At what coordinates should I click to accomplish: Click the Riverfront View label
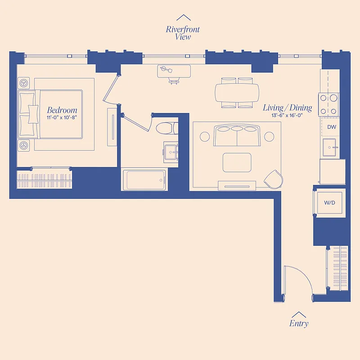183,33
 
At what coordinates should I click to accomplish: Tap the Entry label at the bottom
299,324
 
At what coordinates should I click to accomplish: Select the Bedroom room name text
62,110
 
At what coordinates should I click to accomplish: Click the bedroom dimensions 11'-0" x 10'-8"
62,117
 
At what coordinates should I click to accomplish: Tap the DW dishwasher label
332,127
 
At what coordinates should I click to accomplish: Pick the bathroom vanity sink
171,151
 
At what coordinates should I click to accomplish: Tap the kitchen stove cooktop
329,103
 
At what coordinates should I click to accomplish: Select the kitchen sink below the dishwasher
332,148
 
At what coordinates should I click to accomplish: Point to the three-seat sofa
237,136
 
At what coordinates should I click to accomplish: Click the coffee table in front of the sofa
237,162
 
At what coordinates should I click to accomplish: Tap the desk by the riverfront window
174,71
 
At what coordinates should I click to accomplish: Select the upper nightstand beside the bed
24,83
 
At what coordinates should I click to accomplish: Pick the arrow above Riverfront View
183,18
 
